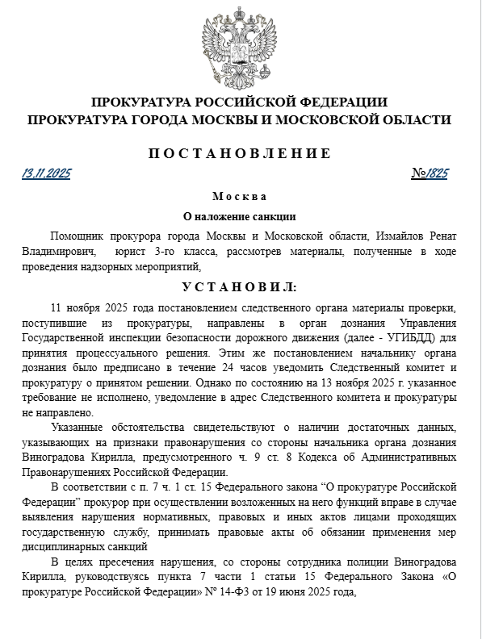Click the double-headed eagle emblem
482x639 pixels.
(240, 46)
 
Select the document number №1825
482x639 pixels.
(429, 173)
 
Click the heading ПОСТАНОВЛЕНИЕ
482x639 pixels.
(240, 152)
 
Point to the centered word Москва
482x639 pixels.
(240, 197)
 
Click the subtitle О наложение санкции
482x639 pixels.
(240, 216)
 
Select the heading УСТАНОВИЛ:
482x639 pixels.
(240, 287)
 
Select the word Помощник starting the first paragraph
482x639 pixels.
(78, 236)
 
